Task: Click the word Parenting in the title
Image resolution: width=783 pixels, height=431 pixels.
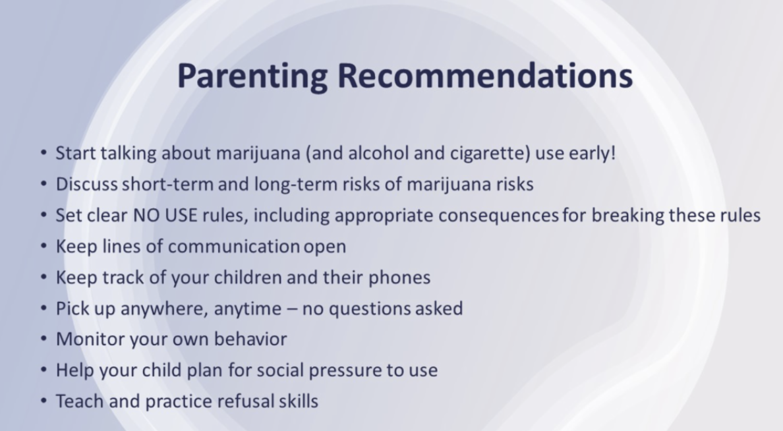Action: pos(252,76)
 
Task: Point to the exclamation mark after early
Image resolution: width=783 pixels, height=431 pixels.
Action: pos(613,152)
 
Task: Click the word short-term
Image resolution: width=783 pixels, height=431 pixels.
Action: pos(168,184)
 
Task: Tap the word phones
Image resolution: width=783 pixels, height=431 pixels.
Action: pos(399,277)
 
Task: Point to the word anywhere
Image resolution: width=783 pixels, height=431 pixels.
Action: pos(164,309)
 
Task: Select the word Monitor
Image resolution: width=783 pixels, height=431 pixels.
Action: pos(90,339)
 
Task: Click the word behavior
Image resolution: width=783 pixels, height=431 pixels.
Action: pos(250,339)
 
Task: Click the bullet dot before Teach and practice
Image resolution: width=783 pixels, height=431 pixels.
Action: pos(44,401)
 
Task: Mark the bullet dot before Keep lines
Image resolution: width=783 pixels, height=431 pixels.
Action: pos(44,246)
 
